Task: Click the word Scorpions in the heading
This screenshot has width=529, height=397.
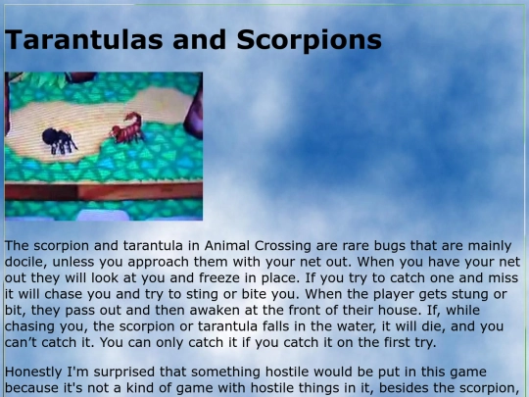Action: click(308, 41)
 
